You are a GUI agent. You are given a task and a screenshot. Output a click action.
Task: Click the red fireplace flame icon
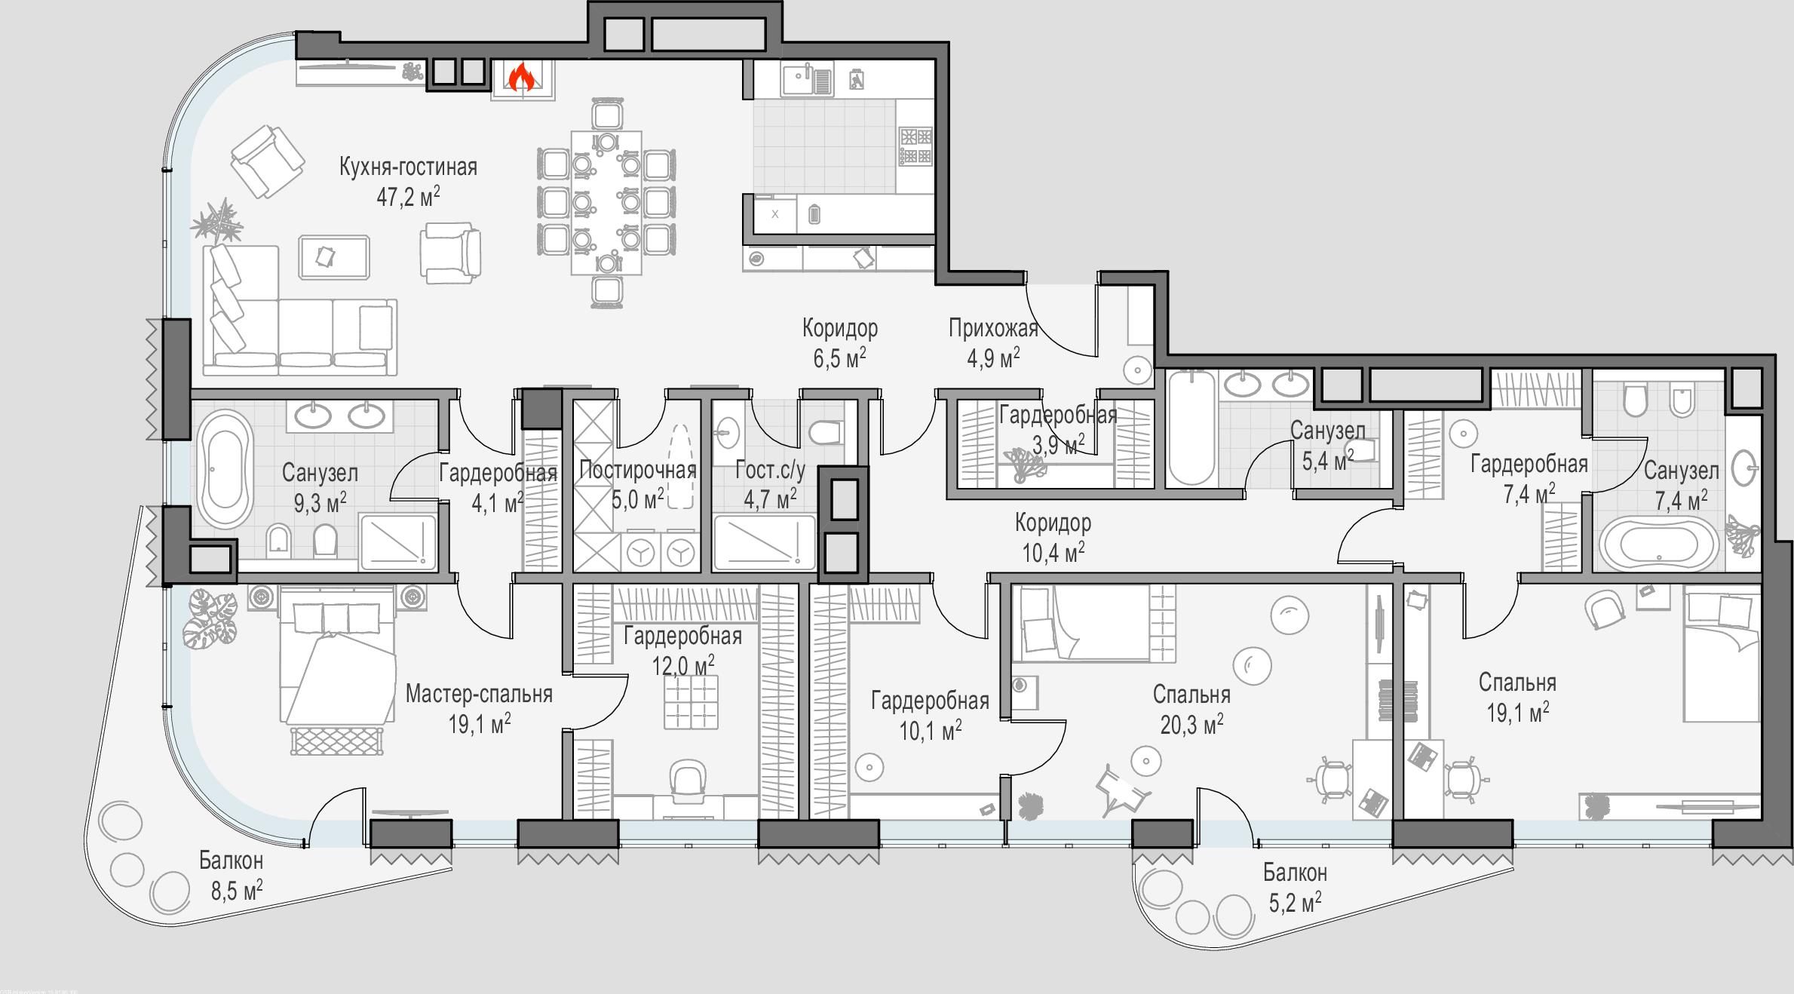pos(521,77)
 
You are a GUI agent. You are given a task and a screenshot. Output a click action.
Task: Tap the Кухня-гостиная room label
pos(408,167)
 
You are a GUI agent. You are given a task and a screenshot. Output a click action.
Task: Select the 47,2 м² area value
pos(408,197)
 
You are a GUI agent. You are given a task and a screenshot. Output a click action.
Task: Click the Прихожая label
pos(993,328)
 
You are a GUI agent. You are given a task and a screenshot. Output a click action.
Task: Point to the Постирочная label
pos(638,470)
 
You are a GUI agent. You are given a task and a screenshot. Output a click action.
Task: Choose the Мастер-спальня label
pos(479,694)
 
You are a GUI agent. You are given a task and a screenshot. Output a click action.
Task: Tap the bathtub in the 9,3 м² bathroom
pos(225,469)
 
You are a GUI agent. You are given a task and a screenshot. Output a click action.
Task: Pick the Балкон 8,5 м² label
pos(232,876)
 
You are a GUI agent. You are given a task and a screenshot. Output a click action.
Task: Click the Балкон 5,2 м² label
pos(1295,888)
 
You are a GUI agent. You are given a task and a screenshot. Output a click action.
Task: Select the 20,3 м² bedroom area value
pos(1191,725)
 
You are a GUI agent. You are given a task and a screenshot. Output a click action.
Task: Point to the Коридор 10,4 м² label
pos(1053,538)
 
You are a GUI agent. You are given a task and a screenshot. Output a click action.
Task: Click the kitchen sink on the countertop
pos(806,79)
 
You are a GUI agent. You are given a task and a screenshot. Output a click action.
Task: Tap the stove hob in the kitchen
pos(915,146)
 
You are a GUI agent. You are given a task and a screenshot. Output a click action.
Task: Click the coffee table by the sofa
pos(334,257)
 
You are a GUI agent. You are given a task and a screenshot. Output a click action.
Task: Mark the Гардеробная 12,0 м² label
pos(682,651)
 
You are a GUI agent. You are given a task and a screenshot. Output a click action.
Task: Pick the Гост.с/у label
pos(770,470)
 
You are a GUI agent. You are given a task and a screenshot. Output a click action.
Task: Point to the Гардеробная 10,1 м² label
pos(930,716)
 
